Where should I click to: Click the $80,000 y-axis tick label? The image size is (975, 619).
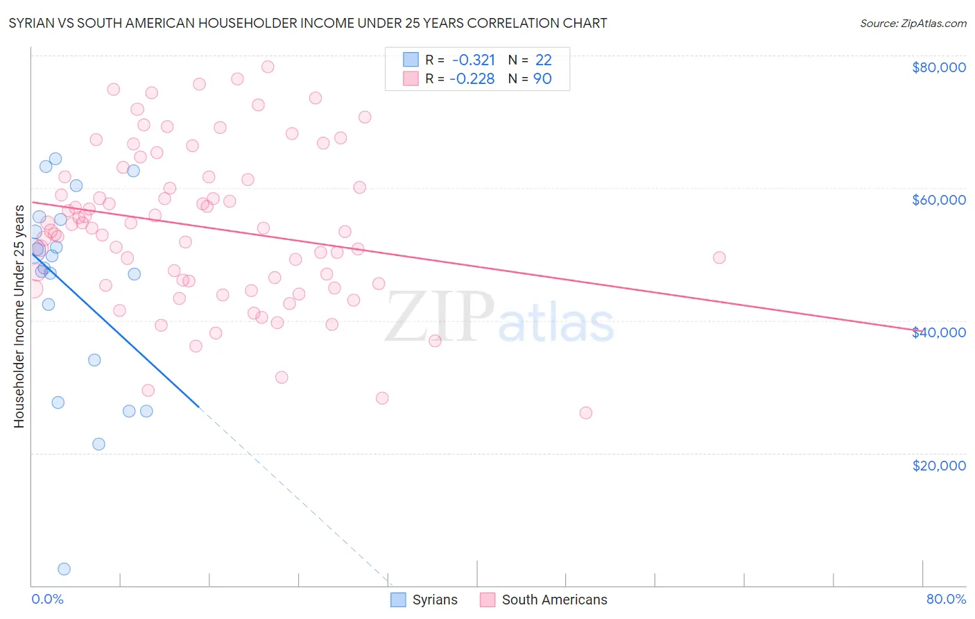point(938,67)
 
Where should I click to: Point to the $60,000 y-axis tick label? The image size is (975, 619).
point(938,200)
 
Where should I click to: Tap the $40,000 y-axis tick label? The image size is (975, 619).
point(938,332)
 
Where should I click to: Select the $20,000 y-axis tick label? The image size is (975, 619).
point(938,465)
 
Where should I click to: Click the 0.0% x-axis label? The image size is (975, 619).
point(47,599)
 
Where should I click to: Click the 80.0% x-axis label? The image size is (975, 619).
point(946,599)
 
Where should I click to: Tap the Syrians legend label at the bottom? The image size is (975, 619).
point(435,600)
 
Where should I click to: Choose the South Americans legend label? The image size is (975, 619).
point(554,600)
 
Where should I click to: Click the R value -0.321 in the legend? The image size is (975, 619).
point(474,60)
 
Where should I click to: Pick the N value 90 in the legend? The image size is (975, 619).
point(542,79)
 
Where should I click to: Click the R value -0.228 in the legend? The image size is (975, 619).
point(472,79)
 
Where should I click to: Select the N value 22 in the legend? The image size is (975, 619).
point(543,60)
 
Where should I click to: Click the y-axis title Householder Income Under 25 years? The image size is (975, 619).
point(19,316)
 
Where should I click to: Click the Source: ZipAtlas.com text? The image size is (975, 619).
point(913,24)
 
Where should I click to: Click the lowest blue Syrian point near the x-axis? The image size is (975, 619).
point(64,569)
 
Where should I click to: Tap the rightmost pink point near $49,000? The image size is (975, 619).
point(719,257)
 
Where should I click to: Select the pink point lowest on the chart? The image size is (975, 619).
point(586,413)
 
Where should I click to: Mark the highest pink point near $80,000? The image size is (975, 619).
point(268,67)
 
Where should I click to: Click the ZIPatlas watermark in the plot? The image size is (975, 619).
point(499,317)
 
